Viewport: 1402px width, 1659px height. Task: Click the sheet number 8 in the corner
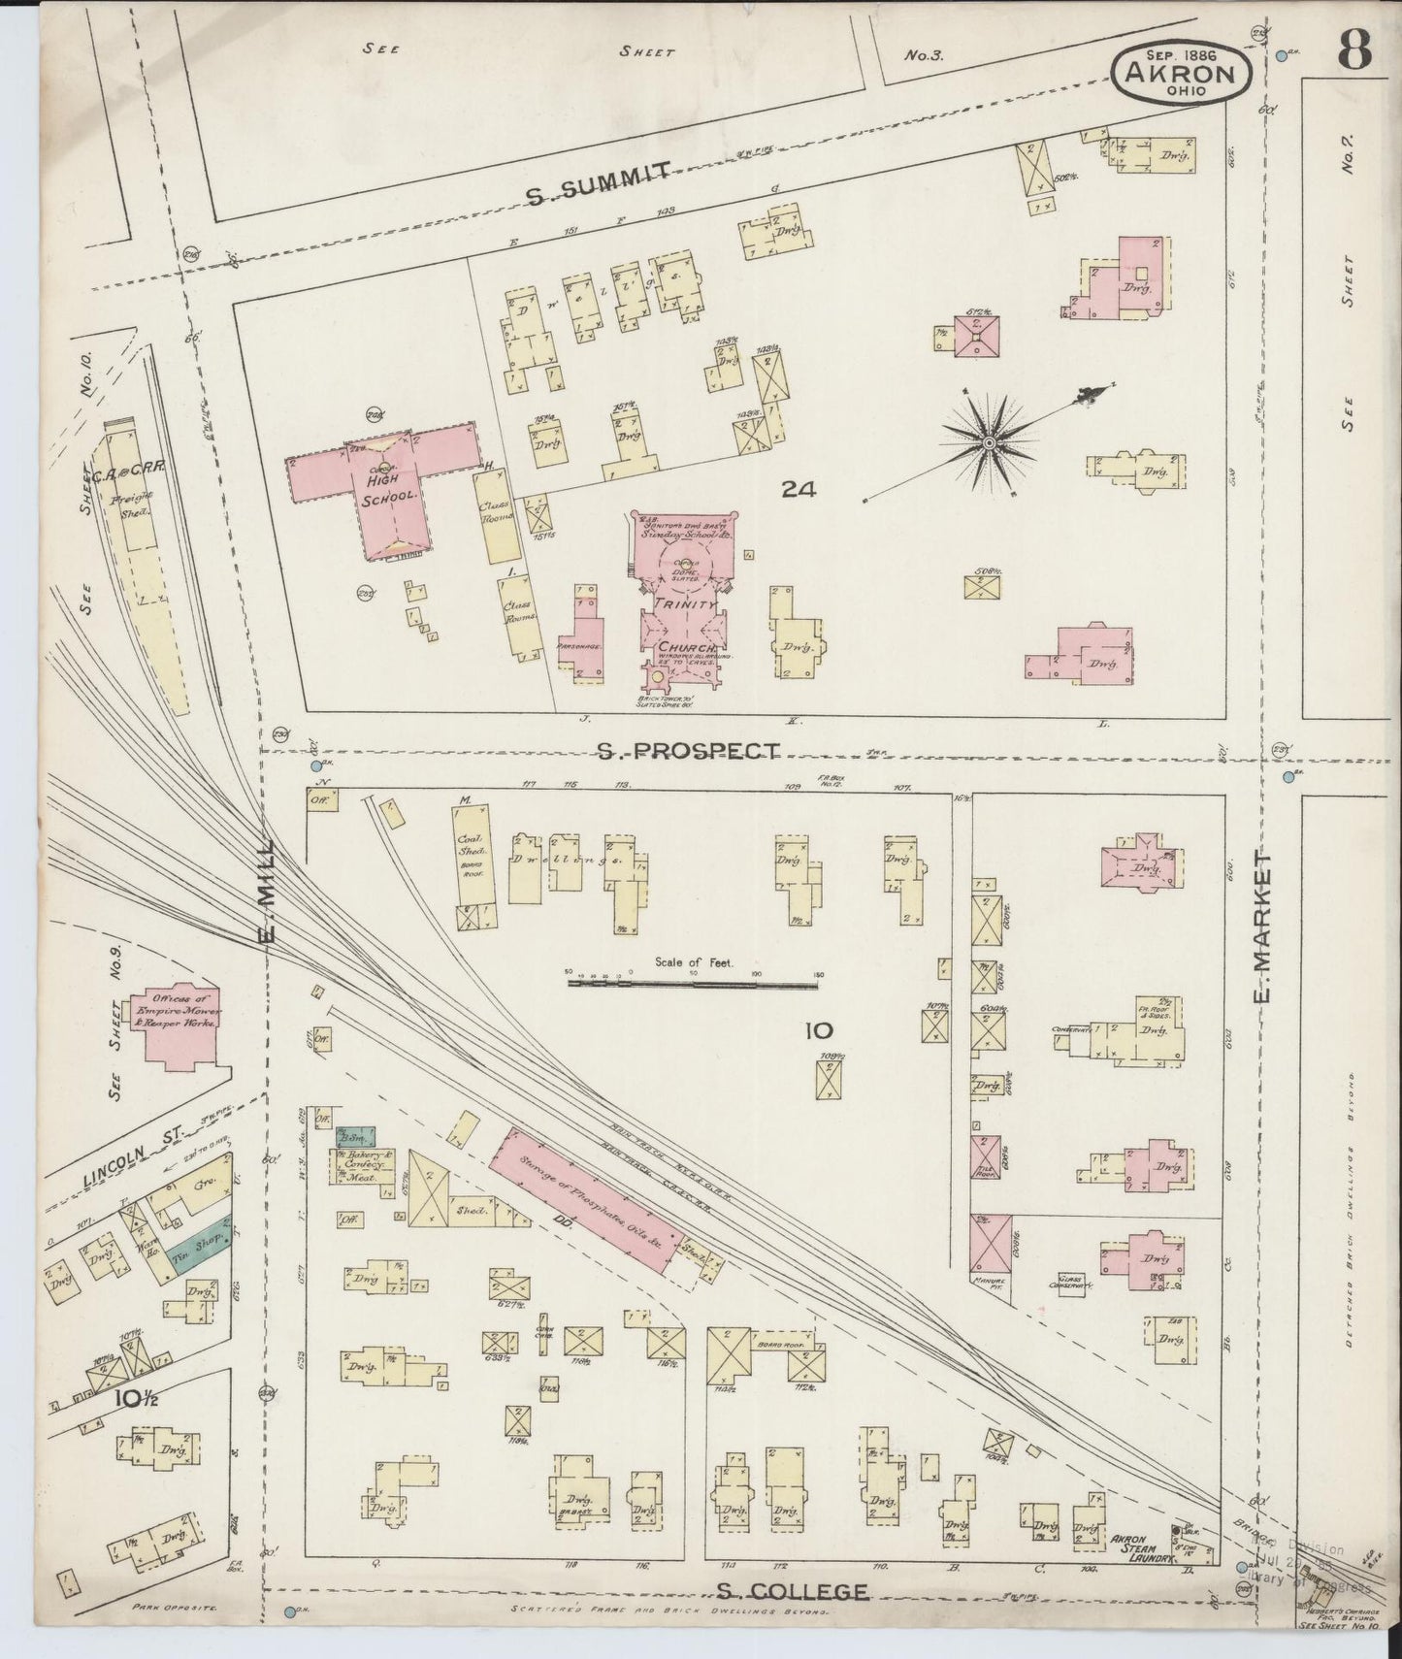(x=1355, y=49)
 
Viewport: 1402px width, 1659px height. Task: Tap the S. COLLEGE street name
(x=792, y=1591)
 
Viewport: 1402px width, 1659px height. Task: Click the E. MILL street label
(x=269, y=891)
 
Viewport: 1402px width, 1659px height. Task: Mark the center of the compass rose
(x=988, y=443)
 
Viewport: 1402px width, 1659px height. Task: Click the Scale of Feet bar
(x=694, y=983)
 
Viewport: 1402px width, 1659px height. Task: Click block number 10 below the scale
(x=817, y=1030)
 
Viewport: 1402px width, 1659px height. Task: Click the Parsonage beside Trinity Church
(x=585, y=640)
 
